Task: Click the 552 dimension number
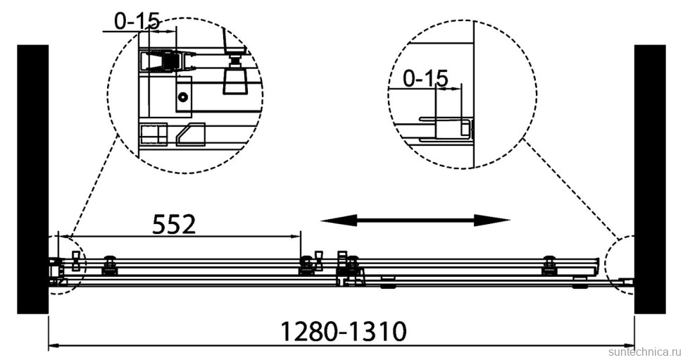[x=174, y=224]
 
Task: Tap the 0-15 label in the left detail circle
[x=137, y=22]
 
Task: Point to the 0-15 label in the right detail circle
[x=425, y=79]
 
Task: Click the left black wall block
[x=32, y=179]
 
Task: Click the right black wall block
[x=649, y=179]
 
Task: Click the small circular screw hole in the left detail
[x=183, y=98]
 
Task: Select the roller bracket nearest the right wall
[x=549, y=266]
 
